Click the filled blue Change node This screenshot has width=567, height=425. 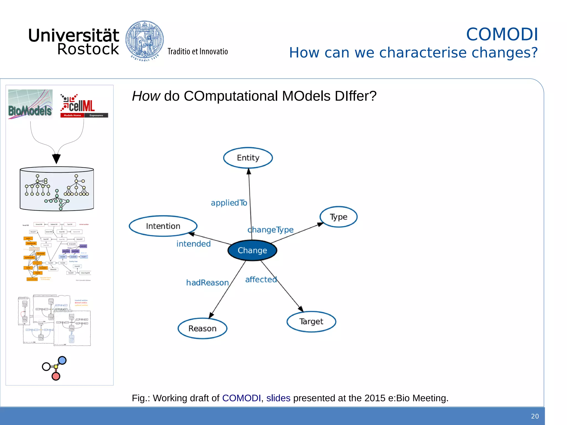pyautogui.click(x=252, y=250)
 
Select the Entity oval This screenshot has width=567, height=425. pyautogui.click(x=248, y=158)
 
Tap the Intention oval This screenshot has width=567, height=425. pyautogui.click(x=163, y=226)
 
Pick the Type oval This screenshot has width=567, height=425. pyautogui.click(x=338, y=217)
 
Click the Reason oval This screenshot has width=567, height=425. pyautogui.click(x=202, y=328)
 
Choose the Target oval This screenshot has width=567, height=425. pyautogui.click(x=311, y=322)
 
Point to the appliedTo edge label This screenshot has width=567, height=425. pyautogui.click(x=229, y=203)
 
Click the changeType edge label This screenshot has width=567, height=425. pyautogui.click(x=270, y=230)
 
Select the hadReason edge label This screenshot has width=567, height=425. pyautogui.click(x=207, y=283)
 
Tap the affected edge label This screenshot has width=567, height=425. pyautogui.click(x=261, y=279)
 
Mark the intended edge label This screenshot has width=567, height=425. pyautogui.click(x=194, y=244)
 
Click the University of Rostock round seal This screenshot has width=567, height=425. pyautogui.click(x=145, y=40)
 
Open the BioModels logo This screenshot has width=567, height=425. pyautogui.click(x=30, y=104)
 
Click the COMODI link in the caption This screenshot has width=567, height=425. pyautogui.click(x=241, y=398)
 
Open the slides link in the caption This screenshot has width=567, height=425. pyautogui.click(x=278, y=398)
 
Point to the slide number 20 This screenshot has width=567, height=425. pyautogui.click(x=535, y=416)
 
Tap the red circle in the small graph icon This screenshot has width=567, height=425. pyautogui.click(x=56, y=376)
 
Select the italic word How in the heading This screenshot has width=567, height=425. pyautogui.click(x=146, y=96)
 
